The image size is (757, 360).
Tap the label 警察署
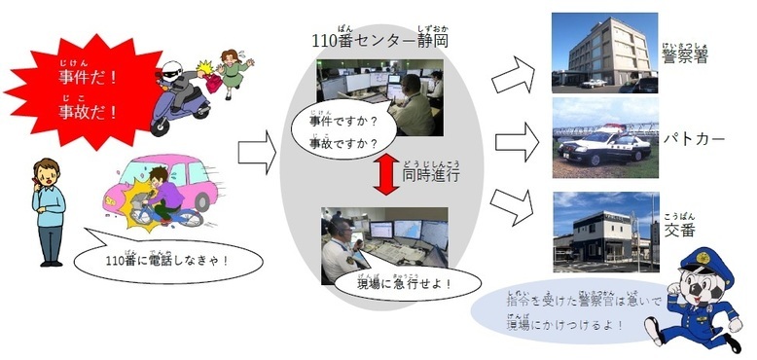(x=685, y=57)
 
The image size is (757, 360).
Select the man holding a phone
(x=48, y=209)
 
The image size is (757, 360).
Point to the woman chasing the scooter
(x=232, y=73)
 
